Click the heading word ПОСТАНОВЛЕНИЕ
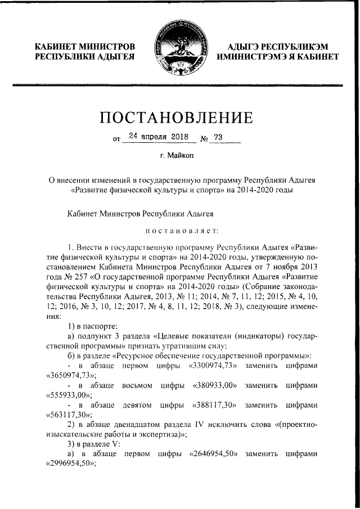coord(180,118)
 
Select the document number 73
coord(219,136)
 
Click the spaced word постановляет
coord(179,230)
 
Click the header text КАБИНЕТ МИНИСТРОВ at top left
coord(85,46)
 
